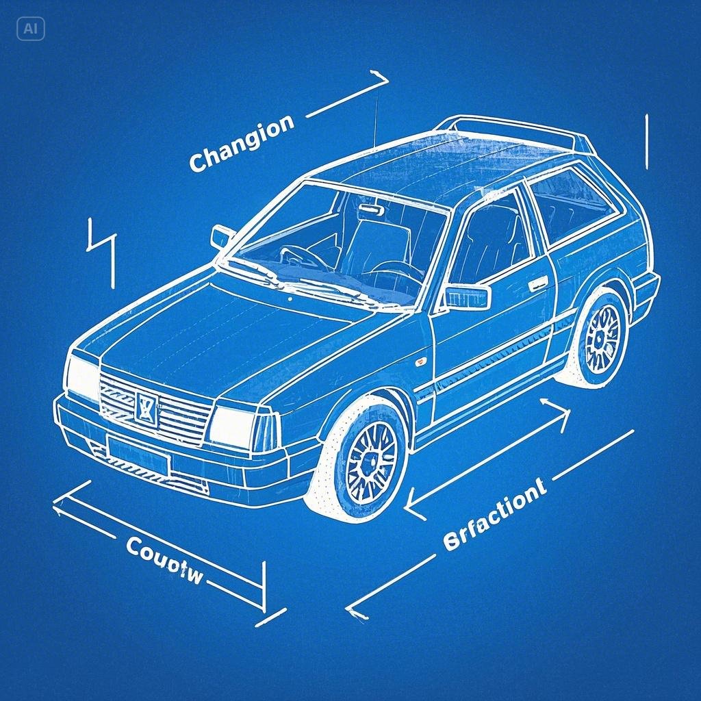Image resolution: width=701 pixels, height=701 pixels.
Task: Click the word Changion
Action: [x=241, y=143]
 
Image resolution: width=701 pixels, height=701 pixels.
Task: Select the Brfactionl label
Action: [x=494, y=513]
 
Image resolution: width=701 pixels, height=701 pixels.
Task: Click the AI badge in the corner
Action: [x=30, y=29]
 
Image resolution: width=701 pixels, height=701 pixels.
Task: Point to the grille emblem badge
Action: [x=146, y=408]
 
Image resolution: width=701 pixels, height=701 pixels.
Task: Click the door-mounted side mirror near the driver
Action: [x=468, y=297]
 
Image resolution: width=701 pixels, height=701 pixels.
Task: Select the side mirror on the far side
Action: [x=222, y=236]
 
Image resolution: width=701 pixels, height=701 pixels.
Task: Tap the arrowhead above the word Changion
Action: [x=380, y=79]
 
